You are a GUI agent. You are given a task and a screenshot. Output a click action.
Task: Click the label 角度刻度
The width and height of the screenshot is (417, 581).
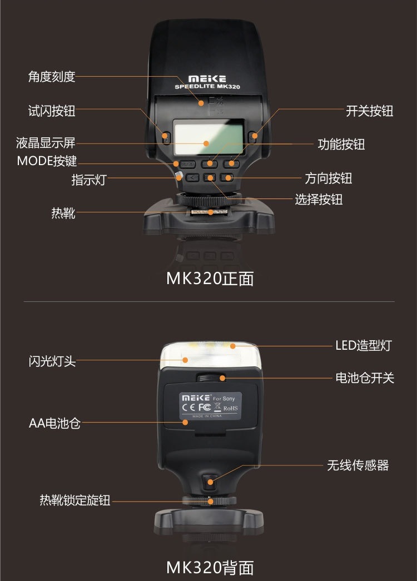click(52, 77)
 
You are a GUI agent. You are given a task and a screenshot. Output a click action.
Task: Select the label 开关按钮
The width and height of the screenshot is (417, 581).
click(369, 111)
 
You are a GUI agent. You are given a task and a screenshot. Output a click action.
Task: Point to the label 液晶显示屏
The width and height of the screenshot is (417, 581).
click(46, 142)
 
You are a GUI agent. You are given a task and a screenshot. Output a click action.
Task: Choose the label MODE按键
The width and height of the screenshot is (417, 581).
click(47, 162)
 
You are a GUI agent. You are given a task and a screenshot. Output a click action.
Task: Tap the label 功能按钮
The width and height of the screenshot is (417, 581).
click(341, 145)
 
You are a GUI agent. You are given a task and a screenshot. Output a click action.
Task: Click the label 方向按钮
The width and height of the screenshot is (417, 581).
click(328, 178)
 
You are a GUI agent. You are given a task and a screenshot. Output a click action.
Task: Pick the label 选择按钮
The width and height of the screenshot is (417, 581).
click(319, 199)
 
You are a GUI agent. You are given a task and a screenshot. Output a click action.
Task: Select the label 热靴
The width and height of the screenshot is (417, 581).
click(63, 212)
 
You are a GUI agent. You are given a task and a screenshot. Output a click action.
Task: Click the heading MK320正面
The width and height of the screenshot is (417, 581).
click(210, 279)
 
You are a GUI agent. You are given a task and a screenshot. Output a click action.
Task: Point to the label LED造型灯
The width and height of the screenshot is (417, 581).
click(363, 345)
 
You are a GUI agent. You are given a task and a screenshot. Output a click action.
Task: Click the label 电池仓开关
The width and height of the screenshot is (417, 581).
click(364, 378)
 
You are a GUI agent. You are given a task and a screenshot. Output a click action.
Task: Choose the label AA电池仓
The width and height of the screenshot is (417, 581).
click(54, 423)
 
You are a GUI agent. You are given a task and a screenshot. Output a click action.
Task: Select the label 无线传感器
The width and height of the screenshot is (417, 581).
click(358, 465)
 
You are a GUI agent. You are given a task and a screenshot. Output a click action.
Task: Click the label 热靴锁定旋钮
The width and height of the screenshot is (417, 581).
click(75, 500)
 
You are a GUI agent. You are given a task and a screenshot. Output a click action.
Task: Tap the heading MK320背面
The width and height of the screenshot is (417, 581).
click(210, 567)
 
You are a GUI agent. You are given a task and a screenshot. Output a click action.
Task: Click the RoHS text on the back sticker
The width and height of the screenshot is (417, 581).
click(230, 409)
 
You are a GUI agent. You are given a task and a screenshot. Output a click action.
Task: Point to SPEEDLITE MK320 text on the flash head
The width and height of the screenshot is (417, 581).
click(208, 87)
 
